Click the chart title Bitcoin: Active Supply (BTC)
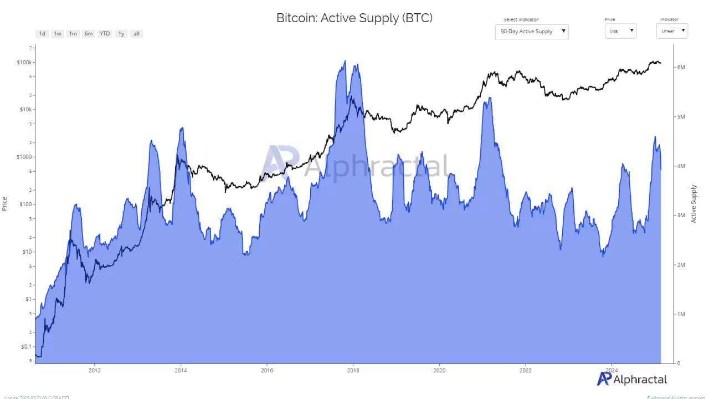tap(354, 18)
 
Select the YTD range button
tap(104, 34)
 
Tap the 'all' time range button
tap(136, 34)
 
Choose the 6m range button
tap(88, 34)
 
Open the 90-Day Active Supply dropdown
tap(532, 32)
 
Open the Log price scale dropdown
tap(620, 31)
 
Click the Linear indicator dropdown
tap(672, 31)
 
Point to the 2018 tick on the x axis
tap(353, 370)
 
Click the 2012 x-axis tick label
tap(95, 370)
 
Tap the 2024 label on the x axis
tap(612, 370)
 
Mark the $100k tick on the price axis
tap(24, 62)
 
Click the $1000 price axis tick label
tap(24, 157)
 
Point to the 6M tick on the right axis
tap(681, 68)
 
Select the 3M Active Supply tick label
tap(681, 216)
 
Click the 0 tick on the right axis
tap(679, 364)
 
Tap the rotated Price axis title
tap(5, 203)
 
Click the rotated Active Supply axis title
tap(694, 204)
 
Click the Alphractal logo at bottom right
tap(632, 380)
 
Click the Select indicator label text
tap(521, 20)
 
